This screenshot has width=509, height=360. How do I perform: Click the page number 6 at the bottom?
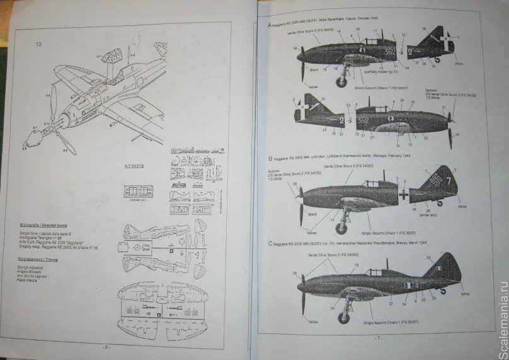[x=107, y=346]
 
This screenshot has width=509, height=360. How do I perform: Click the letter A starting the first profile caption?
[x=270, y=25]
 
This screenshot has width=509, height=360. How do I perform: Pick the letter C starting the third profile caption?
[x=270, y=243]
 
